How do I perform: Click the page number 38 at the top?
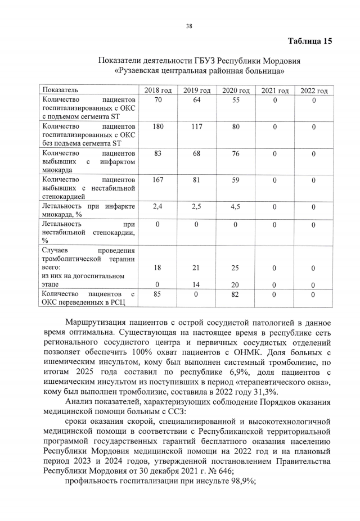(x=189, y=26)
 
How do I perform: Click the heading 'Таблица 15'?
(x=310, y=41)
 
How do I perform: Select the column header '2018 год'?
(x=158, y=90)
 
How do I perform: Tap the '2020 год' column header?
(x=236, y=90)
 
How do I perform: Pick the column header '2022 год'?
(x=313, y=90)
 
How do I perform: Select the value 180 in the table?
(x=158, y=127)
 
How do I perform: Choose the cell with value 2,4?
(x=158, y=207)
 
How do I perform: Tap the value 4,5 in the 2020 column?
(x=236, y=207)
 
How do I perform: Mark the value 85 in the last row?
(x=158, y=295)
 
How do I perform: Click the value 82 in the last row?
(x=236, y=295)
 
